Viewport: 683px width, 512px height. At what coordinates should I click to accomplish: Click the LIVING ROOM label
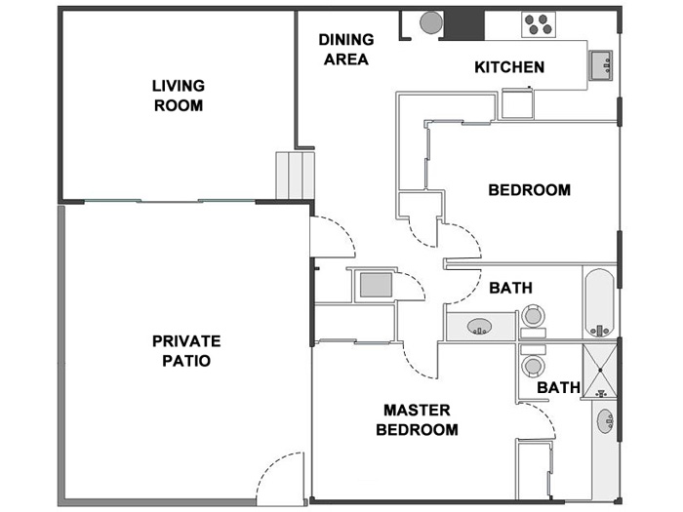click(178, 96)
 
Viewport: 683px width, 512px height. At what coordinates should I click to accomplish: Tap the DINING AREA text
click(345, 50)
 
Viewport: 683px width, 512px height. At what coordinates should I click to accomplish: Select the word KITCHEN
click(509, 67)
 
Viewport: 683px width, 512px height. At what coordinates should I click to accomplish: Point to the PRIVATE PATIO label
click(186, 350)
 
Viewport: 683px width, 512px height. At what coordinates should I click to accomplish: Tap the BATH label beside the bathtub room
click(510, 289)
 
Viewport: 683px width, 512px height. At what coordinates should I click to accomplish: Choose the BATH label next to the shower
click(559, 388)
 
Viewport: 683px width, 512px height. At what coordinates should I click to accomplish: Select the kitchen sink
click(601, 65)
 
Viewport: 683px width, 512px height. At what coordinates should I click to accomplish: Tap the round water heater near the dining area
click(429, 21)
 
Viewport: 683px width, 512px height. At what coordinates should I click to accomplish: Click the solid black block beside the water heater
click(464, 23)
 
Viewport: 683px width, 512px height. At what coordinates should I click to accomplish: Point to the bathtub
click(598, 301)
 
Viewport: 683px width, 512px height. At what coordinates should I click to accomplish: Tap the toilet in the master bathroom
click(533, 364)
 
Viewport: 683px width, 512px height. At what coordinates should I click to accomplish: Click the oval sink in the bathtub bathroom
click(478, 326)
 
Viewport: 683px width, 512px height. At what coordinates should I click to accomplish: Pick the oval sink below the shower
click(606, 422)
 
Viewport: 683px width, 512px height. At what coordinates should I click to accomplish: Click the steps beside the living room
click(292, 176)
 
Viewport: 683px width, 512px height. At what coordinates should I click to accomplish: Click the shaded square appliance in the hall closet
click(376, 286)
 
